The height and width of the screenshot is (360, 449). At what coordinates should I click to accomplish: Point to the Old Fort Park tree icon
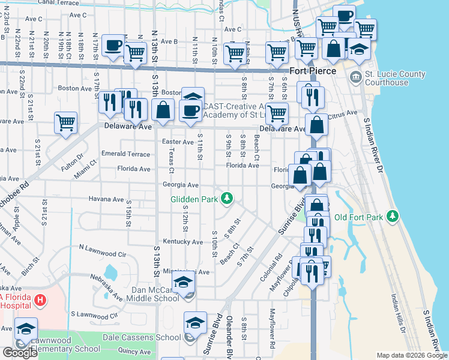pos(392,215)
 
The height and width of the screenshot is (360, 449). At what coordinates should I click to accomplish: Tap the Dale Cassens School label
pos(142,337)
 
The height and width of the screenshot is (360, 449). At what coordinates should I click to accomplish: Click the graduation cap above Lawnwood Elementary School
pos(26,328)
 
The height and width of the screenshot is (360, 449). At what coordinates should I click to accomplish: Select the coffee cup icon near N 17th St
pos(113,45)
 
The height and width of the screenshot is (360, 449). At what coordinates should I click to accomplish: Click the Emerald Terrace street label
pos(125,154)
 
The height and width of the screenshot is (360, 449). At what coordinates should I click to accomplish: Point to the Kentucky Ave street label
pos(183,242)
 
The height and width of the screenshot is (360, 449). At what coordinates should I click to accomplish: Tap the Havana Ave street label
pos(106,199)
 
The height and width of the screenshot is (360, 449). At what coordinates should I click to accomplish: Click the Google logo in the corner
pos(20,353)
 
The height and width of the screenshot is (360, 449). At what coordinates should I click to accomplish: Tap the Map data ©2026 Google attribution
pos(412,355)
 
